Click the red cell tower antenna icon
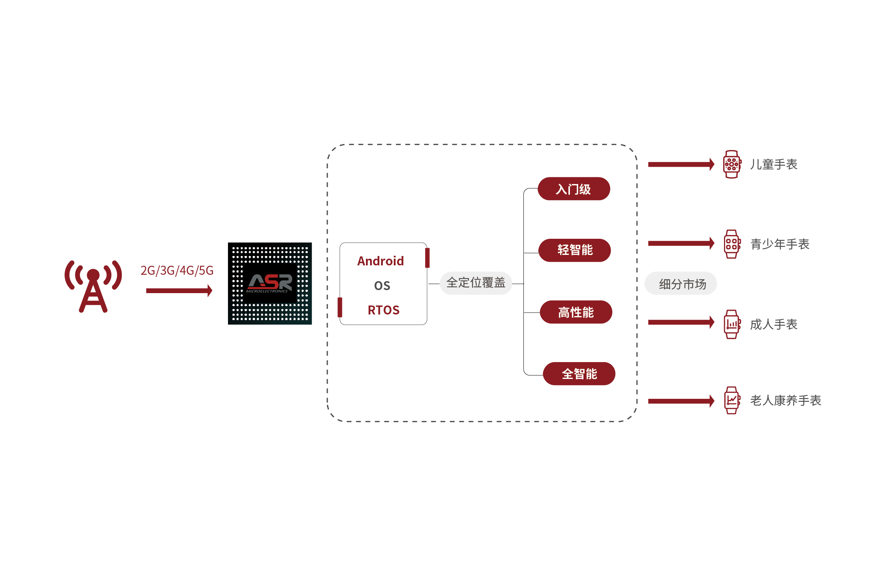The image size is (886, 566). (93, 286)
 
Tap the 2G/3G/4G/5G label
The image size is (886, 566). (177, 270)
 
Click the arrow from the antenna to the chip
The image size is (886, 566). (179, 290)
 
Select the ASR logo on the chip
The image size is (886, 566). (270, 283)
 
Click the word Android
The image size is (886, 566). (380, 261)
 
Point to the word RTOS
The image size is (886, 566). (383, 310)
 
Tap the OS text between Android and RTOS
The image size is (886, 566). (382, 286)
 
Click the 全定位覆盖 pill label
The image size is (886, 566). (475, 283)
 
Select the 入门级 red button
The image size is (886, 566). (573, 189)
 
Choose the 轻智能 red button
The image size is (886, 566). (574, 250)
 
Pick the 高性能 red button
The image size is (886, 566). (576, 312)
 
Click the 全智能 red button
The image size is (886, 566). (579, 374)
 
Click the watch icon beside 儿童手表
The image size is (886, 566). (732, 164)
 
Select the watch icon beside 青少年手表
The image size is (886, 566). (732, 244)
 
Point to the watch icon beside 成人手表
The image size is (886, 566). (732, 324)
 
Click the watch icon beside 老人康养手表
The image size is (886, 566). (732, 400)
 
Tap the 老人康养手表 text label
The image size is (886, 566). (786, 400)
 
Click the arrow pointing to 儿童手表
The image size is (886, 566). (681, 164)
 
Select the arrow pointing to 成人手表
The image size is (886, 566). (681, 322)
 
